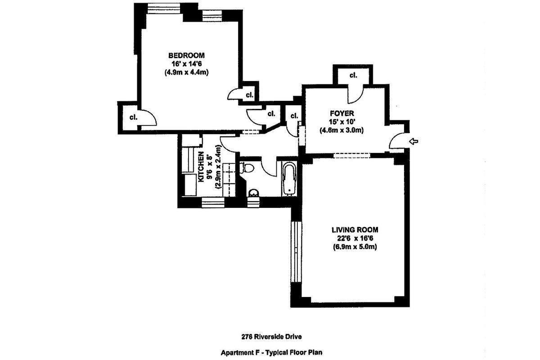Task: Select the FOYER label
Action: (x=342, y=113)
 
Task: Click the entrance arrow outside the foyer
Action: (x=414, y=142)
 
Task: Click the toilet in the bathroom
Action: (x=248, y=168)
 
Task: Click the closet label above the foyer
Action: (x=353, y=75)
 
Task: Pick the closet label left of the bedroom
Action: (x=133, y=117)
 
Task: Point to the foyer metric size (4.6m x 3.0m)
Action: (x=342, y=130)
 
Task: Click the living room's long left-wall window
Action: (x=295, y=252)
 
